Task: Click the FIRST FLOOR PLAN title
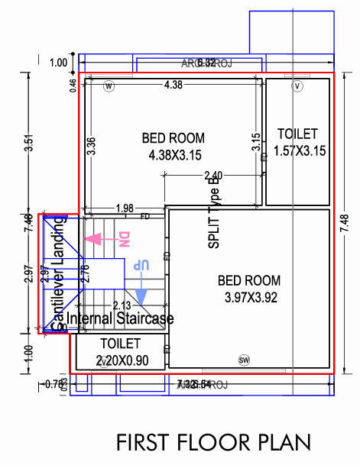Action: click(213, 443)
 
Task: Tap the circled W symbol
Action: click(109, 86)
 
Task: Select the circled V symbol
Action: click(298, 86)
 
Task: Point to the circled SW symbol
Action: click(245, 360)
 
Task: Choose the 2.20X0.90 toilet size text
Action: click(122, 360)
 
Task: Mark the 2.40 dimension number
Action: click(213, 176)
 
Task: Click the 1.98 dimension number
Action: click(125, 208)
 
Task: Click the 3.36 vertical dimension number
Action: click(91, 146)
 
